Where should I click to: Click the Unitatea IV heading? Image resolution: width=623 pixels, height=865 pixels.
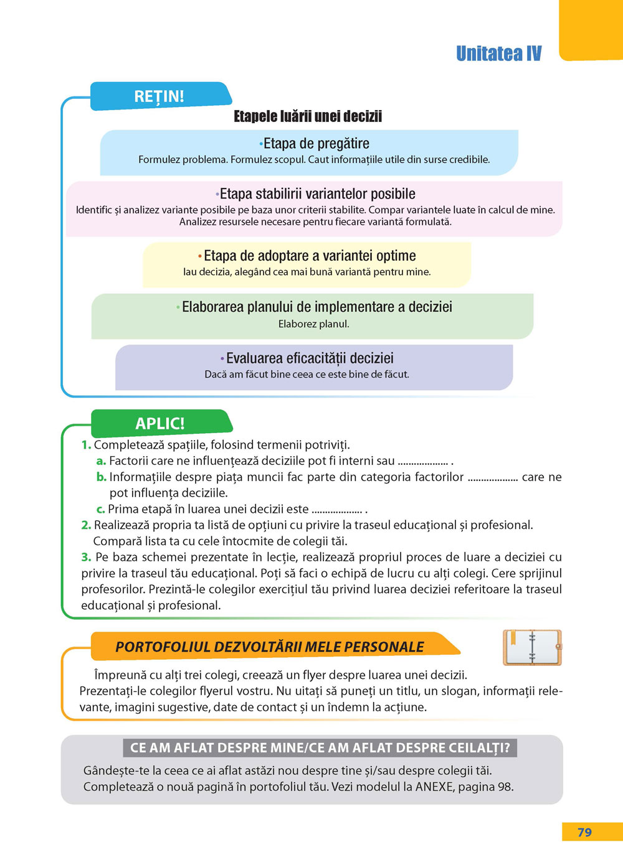498,54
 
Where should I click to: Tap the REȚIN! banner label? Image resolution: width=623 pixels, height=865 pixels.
159,96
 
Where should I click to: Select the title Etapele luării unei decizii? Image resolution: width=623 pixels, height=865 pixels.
308,116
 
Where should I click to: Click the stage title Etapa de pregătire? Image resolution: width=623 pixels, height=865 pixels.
316,144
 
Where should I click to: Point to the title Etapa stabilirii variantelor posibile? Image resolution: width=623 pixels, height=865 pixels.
317,194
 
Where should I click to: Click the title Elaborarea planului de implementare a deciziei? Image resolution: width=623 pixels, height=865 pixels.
316,307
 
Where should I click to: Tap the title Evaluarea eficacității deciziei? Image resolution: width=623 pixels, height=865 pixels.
310,358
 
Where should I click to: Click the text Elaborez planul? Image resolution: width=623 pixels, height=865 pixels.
313,324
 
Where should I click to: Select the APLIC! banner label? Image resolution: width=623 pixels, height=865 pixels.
160,423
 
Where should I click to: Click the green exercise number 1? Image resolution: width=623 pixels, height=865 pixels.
86,445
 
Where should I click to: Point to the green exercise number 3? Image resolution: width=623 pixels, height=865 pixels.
86,557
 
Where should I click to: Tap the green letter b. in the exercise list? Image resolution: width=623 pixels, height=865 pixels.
102,477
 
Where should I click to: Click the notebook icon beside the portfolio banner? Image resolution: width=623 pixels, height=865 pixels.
532,648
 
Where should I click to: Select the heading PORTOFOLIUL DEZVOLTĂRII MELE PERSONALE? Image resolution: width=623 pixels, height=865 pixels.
270,647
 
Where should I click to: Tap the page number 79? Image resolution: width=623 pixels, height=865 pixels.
584,833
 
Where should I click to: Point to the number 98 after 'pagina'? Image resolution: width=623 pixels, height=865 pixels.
505,787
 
